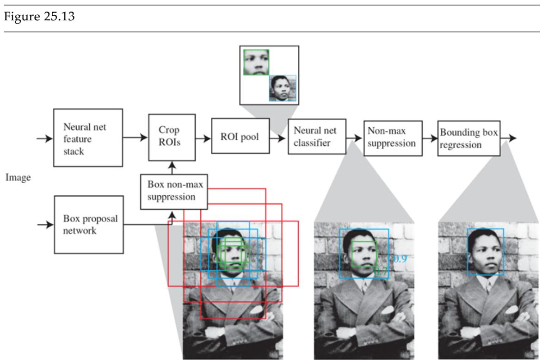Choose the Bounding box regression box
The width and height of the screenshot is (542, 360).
coord(468,138)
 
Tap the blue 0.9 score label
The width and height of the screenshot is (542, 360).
coord(400,259)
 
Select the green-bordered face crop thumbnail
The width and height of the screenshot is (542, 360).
coord(256,62)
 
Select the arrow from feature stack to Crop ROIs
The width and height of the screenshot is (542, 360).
coord(135,138)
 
